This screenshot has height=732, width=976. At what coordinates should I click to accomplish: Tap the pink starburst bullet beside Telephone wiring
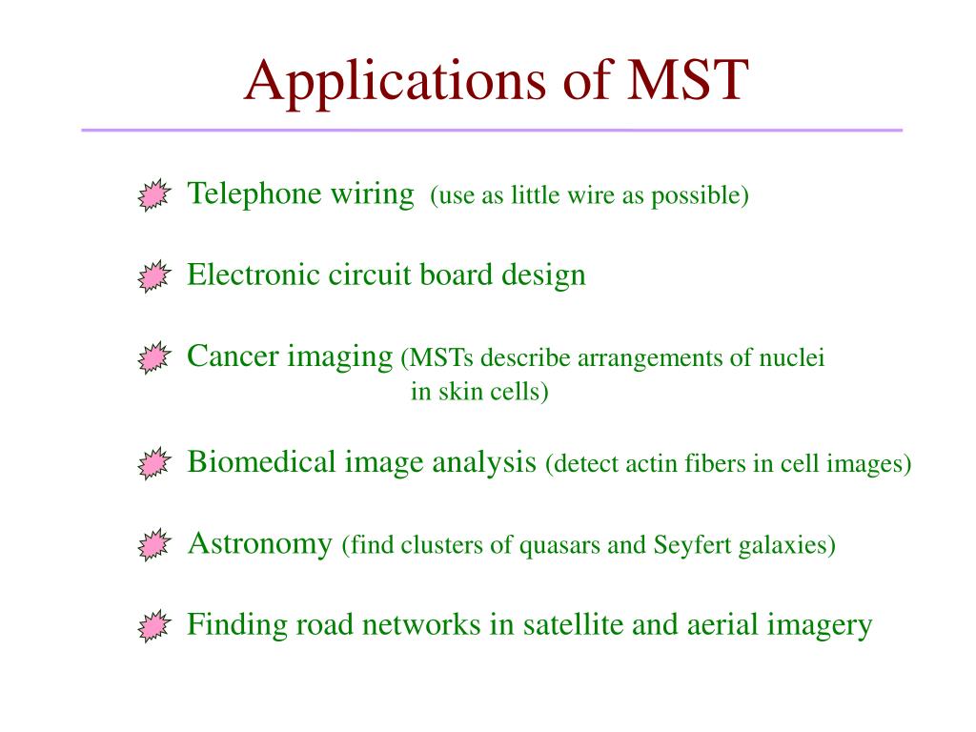pos(152,195)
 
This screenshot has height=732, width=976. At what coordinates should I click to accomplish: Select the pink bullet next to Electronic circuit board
pos(152,276)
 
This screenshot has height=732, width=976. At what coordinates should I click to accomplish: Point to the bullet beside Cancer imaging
pos(152,358)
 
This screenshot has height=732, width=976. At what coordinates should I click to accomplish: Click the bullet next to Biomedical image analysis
pos(152,463)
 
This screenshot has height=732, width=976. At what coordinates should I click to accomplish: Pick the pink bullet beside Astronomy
pos(152,545)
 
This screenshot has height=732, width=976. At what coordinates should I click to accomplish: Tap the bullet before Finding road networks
pos(152,626)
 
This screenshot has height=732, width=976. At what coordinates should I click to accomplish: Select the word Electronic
pos(254,275)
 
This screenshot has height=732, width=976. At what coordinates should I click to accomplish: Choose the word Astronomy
pos(259,544)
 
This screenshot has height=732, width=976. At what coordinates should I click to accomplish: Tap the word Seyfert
pos(686,546)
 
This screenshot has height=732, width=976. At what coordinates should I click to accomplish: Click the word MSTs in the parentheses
pos(441,359)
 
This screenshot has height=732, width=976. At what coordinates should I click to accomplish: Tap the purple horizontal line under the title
pos(491,130)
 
